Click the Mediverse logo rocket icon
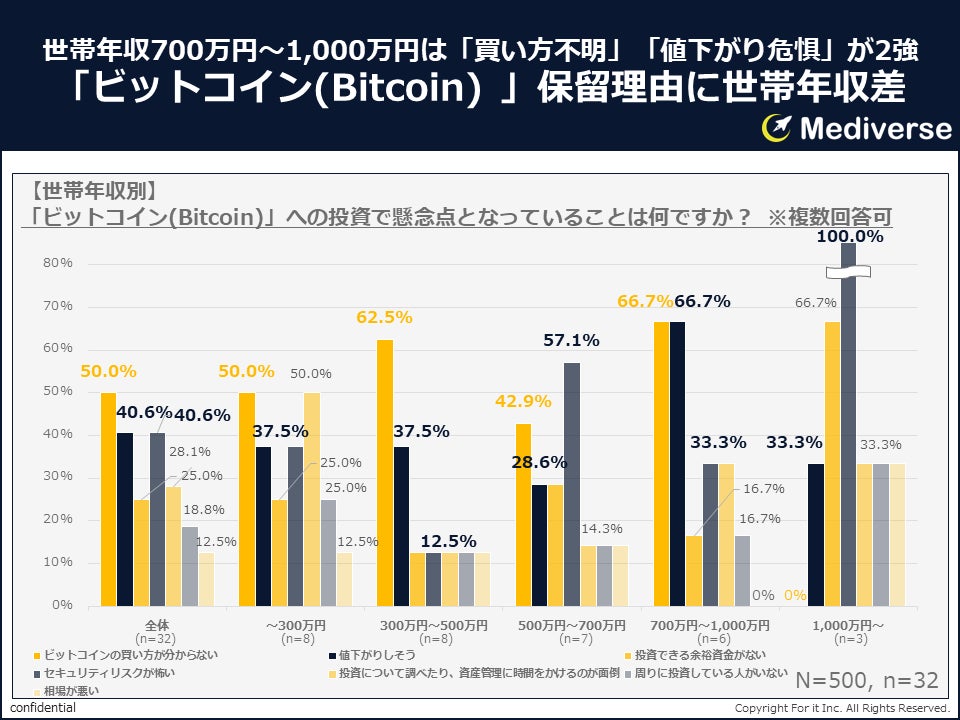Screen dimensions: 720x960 pyautogui.click(x=777, y=127)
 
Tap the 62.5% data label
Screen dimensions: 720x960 pyautogui.click(x=384, y=317)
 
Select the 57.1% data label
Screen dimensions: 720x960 pyautogui.click(x=571, y=341)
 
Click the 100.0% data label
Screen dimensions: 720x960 pyautogui.click(x=850, y=237)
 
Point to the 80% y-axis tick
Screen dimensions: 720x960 pyautogui.click(x=58, y=263)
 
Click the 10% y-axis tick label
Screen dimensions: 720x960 pyautogui.click(x=58, y=562)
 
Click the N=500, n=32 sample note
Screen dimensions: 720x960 pyautogui.click(x=867, y=681)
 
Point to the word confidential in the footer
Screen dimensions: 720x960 pyautogui.click(x=43, y=708)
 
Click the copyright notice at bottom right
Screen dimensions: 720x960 pyautogui.click(x=842, y=708)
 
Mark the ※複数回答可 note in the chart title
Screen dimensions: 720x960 pyautogui.click(x=829, y=215)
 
